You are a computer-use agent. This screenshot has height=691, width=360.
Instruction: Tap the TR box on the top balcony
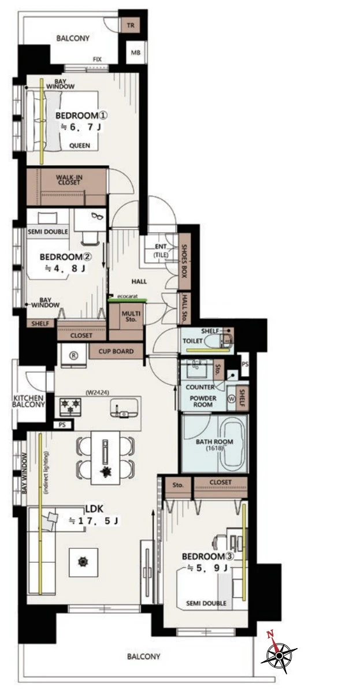click(131, 25)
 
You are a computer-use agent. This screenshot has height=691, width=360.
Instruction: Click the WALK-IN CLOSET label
click(69, 179)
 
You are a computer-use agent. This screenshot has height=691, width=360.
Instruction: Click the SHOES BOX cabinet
click(184, 261)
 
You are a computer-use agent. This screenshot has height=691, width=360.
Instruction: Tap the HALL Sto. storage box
click(184, 308)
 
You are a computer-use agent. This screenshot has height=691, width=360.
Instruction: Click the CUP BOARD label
click(117, 351)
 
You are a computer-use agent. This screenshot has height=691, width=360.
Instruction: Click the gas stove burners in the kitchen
click(70, 406)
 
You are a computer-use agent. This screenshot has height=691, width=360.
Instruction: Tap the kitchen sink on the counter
click(124, 408)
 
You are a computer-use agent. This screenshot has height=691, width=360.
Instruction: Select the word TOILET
click(192, 341)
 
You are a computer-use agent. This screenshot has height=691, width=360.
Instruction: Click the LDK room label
click(94, 508)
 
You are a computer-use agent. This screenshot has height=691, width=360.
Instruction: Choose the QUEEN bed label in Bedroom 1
click(80, 146)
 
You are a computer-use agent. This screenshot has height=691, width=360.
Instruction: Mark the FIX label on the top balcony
click(98, 59)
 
